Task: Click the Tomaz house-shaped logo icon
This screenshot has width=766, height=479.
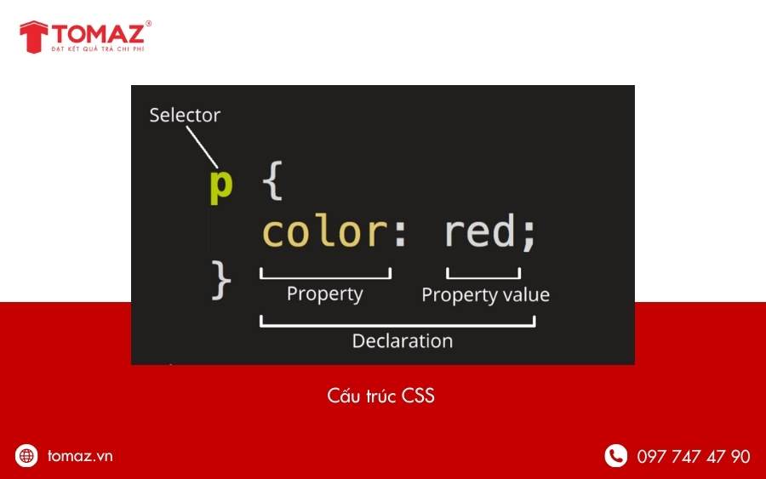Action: (33, 36)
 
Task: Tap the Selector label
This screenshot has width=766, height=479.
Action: (185, 115)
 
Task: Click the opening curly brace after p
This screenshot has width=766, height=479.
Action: (272, 182)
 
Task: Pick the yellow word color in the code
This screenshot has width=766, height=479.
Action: (323, 231)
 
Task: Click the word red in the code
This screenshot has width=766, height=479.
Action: (479, 231)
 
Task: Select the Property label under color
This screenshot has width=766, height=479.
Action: (324, 294)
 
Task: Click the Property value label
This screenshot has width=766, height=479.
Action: (485, 295)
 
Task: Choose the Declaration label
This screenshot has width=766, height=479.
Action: (402, 341)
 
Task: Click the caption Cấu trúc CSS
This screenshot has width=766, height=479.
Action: (380, 396)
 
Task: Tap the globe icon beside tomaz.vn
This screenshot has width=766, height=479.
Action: (27, 456)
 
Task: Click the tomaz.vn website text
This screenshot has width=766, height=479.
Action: (80, 456)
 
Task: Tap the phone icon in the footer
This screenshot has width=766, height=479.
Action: (615, 456)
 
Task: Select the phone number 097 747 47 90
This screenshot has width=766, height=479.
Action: (693, 457)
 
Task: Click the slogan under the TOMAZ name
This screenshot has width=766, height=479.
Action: (100, 51)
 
